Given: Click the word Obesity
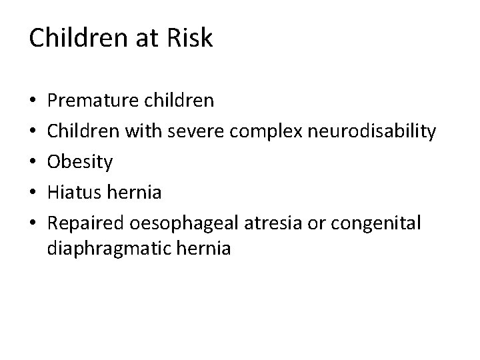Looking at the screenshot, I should [x=81, y=162].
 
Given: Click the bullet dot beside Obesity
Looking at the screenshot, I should [x=33, y=163].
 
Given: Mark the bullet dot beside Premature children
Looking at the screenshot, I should [x=33, y=101].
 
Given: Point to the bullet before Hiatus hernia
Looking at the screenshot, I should [x=33, y=193].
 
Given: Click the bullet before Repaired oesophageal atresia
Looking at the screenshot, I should [x=33, y=224].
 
